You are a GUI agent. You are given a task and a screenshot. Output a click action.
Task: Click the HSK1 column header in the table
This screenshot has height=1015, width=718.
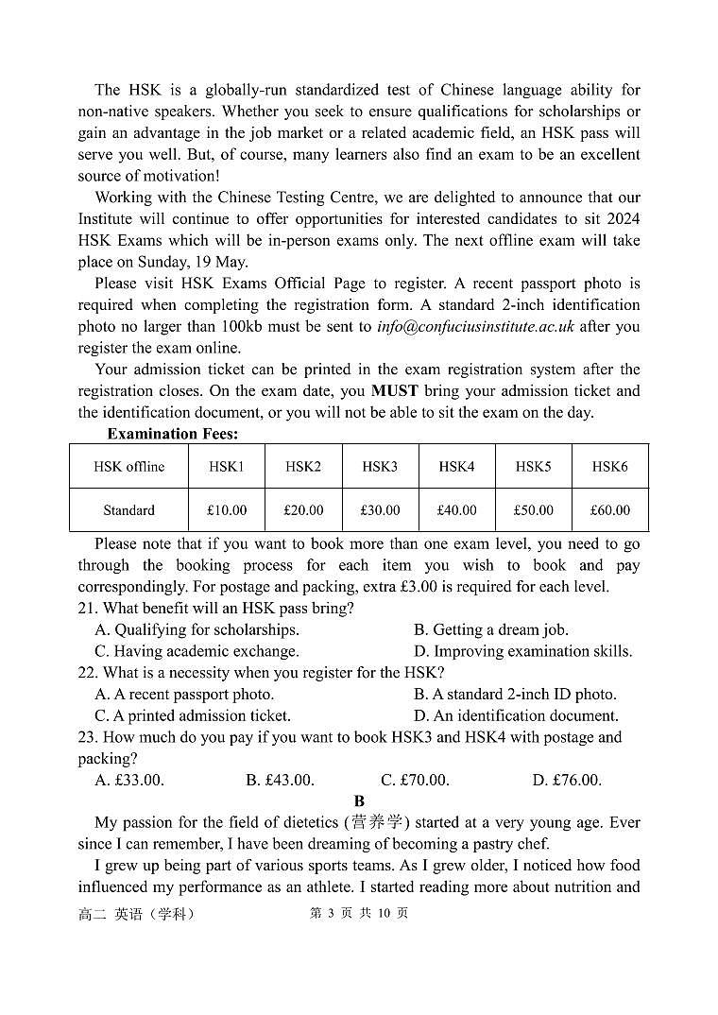[227, 467]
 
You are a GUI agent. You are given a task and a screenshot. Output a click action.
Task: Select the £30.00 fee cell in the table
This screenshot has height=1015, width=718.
[380, 510]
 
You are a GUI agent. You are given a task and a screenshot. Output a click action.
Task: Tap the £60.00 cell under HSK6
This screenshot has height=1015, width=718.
[609, 510]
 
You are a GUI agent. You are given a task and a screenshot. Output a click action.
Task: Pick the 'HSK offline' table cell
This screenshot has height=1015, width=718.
[128, 467]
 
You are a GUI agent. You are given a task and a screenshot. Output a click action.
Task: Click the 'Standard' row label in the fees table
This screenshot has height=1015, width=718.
[128, 510]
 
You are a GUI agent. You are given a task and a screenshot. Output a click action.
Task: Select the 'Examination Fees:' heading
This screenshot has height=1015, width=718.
[172, 435]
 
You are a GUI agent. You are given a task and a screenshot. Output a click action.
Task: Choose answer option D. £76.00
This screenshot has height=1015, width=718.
[567, 781]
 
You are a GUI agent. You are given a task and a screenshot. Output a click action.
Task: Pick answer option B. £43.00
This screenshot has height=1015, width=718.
[280, 781]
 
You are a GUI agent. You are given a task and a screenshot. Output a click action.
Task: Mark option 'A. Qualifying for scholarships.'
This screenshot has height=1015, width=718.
[197, 630]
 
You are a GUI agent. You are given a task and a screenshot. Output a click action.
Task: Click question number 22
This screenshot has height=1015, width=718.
[87, 673]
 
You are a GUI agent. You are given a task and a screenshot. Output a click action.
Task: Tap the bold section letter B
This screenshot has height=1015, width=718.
[359, 801]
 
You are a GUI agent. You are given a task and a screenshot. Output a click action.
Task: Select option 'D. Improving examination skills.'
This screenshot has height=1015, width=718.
[523, 652]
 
